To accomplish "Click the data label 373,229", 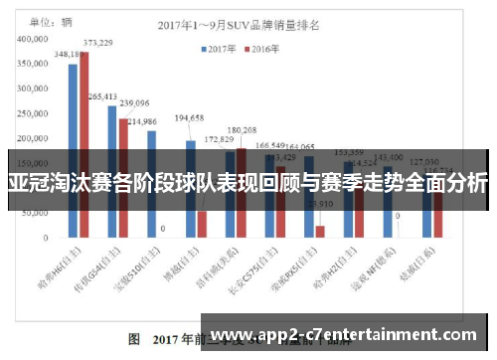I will pos(97,43).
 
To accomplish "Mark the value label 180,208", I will pos(241,129).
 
